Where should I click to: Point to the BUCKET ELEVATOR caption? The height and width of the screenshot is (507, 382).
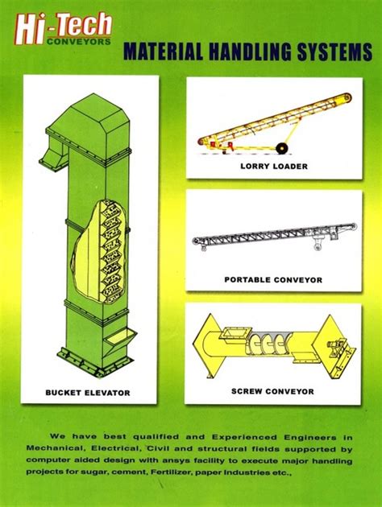(x=88, y=393)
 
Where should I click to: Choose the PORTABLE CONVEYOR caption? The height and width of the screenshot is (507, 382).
(x=273, y=279)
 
